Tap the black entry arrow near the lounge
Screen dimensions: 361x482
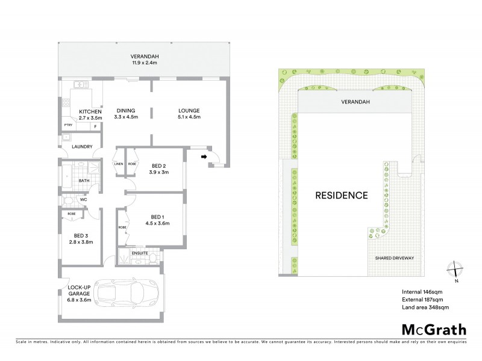tap(204, 158)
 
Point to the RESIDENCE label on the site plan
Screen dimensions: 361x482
tap(342, 196)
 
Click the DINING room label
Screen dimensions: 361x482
tap(126, 111)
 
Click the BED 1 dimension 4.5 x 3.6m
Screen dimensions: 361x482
tap(157, 224)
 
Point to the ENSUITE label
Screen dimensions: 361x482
tap(141, 253)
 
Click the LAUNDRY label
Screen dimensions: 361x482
tap(81, 147)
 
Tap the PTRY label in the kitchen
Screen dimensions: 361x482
tap(68, 125)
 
